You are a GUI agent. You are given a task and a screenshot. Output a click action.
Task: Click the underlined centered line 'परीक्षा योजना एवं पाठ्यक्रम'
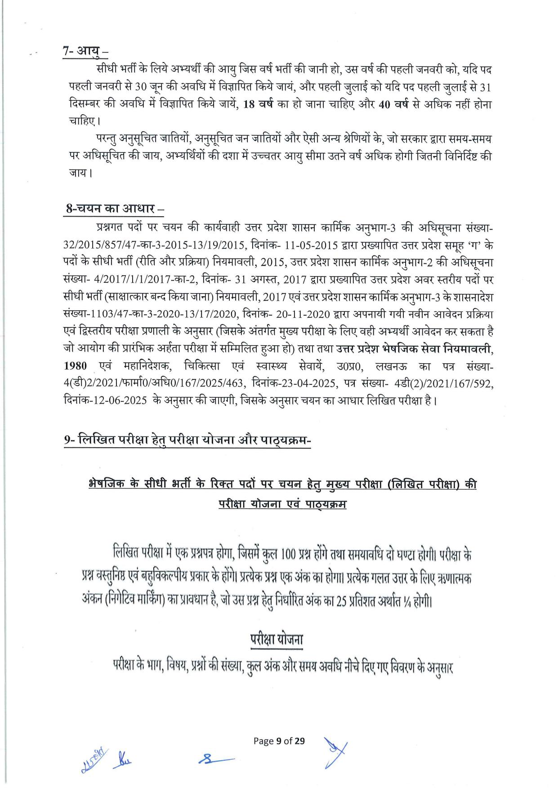282,504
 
